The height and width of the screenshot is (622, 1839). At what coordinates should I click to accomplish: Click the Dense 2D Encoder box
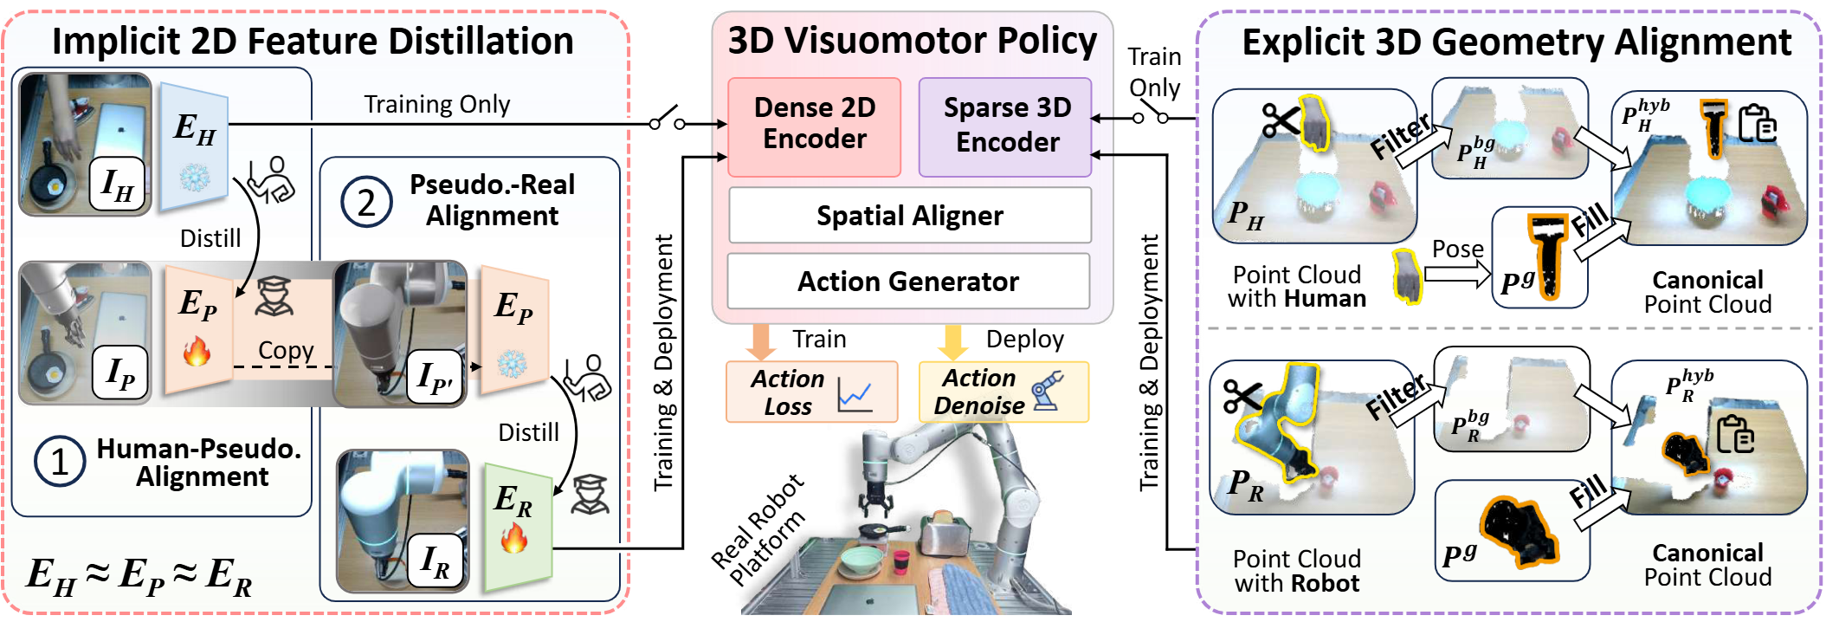tap(814, 126)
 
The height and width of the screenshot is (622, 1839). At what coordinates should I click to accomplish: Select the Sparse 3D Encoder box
tap(1005, 126)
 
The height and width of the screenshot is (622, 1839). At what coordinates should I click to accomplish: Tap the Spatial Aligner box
tap(909, 216)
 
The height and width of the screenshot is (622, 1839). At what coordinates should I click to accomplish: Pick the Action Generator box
tap(907, 282)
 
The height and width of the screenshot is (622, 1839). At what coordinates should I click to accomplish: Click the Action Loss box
tap(811, 392)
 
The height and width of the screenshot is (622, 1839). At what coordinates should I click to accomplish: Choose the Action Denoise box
tap(1003, 392)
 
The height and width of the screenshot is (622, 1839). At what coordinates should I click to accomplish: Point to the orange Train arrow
tap(762, 340)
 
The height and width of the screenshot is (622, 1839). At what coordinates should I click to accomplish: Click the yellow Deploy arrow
tap(953, 340)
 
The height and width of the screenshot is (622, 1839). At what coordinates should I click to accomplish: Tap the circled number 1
tap(59, 462)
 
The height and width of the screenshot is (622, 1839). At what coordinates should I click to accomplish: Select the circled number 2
tap(366, 204)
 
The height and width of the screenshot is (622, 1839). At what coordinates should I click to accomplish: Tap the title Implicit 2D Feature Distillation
tap(313, 41)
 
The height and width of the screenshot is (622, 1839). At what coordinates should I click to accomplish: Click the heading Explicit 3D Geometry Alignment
tap(1516, 42)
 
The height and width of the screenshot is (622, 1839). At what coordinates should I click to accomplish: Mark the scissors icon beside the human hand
tap(1280, 120)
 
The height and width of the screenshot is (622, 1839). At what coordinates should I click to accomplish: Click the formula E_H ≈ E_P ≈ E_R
tap(139, 575)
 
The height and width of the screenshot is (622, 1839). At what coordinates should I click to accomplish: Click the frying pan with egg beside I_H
tap(50, 185)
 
